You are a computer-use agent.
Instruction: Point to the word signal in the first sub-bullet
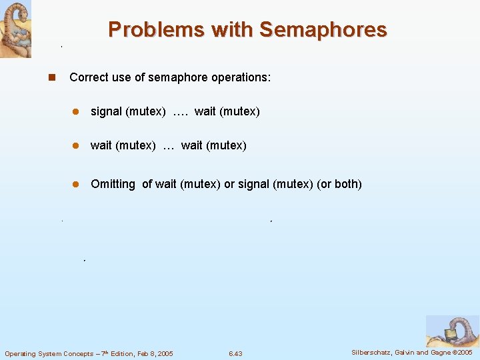coord(106,111)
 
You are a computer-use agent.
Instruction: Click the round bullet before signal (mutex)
coord(76,112)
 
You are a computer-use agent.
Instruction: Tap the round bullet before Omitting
coord(76,184)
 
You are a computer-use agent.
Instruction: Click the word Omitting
coord(113,183)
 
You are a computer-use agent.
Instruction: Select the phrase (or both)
coord(339,183)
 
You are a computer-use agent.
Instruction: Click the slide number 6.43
coord(235,353)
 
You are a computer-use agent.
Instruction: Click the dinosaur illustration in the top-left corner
coord(15,29)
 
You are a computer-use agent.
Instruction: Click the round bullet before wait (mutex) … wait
coord(76,145)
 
